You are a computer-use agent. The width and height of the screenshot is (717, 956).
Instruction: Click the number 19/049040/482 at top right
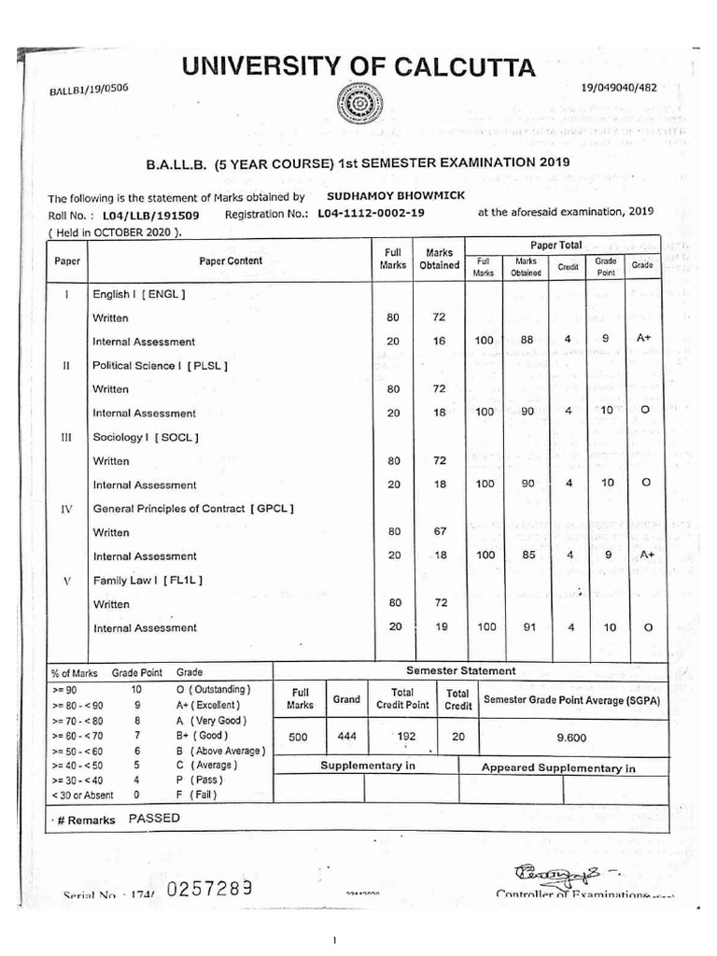(x=618, y=88)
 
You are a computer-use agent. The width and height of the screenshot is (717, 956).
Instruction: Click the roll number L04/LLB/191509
(x=150, y=214)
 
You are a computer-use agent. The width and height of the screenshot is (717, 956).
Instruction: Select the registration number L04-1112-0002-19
(x=371, y=213)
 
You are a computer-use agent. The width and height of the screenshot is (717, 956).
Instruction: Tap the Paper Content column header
(x=231, y=260)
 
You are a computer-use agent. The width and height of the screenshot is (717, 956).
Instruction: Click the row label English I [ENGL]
(x=139, y=294)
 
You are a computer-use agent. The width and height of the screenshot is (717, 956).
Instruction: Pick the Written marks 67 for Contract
(x=441, y=531)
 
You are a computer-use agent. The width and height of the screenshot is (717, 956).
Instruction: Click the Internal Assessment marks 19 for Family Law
(x=441, y=626)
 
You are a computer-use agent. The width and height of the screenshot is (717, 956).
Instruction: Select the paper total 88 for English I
(x=527, y=340)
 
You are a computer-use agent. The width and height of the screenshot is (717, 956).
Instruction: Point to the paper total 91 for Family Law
(x=527, y=627)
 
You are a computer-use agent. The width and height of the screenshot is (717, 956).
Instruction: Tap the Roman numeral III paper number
(x=66, y=437)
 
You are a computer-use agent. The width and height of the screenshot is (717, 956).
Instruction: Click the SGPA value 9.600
(x=570, y=737)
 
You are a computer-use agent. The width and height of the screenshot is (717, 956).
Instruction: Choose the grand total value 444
(x=347, y=736)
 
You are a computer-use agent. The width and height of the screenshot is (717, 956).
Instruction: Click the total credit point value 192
(x=404, y=736)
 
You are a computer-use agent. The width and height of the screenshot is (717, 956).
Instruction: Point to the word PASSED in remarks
(x=154, y=818)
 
